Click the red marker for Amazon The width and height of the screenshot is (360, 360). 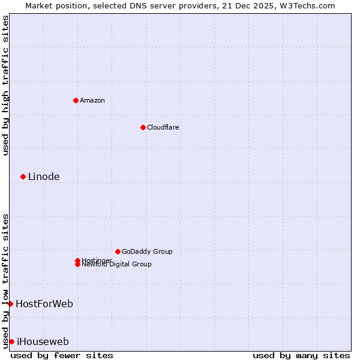point(76,100)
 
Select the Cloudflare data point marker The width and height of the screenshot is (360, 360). point(143,127)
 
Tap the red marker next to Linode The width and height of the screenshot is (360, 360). point(23,176)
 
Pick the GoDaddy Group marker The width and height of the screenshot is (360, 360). point(118,251)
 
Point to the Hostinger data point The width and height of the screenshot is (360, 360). point(77,260)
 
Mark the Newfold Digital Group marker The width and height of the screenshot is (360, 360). point(77,265)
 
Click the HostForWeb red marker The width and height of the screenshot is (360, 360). point(10,304)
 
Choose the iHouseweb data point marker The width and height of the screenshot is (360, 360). point(11,341)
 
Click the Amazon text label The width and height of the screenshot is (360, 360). point(92,100)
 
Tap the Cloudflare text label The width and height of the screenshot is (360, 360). point(163,127)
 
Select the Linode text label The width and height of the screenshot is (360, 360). point(44,176)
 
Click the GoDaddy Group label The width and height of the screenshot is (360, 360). point(147,251)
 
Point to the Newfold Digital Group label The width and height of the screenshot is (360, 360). point(116,265)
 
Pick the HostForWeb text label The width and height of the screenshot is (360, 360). point(44,304)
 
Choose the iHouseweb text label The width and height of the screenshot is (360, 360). point(43,341)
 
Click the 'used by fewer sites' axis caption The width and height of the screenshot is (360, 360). point(62,355)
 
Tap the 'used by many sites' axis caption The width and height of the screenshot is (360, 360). point(301,355)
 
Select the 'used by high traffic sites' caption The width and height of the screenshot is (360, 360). point(5,85)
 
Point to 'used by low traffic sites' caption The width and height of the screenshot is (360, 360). point(5,280)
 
